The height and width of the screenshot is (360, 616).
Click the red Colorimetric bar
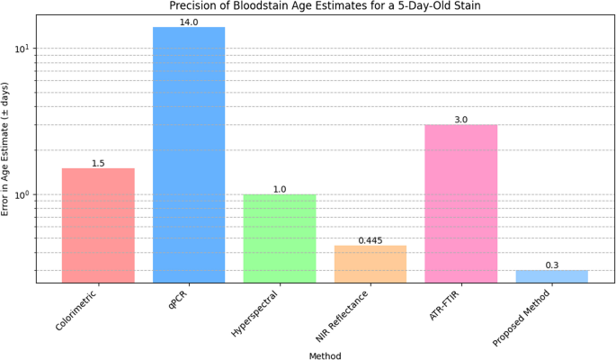click(98, 225)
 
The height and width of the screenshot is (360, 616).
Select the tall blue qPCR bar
click(189, 153)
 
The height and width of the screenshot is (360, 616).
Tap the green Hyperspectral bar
click(280, 238)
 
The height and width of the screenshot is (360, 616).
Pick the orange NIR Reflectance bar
click(370, 264)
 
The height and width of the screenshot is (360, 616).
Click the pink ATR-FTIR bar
click(460, 203)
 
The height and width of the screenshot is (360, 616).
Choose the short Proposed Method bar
click(551, 276)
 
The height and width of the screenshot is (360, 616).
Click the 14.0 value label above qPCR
click(189, 22)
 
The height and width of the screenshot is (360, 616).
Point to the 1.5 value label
click(98, 163)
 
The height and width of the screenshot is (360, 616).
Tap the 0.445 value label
click(370, 240)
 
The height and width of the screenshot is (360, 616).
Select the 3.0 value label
click(460, 120)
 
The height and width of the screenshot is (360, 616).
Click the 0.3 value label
click(551, 265)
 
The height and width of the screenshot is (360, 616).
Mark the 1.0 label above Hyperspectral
click(280, 189)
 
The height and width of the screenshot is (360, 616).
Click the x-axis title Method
click(325, 355)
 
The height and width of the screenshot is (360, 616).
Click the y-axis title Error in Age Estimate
click(6, 148)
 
